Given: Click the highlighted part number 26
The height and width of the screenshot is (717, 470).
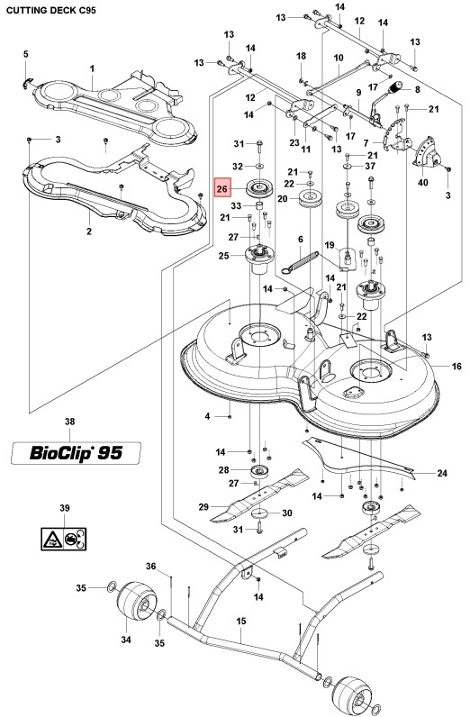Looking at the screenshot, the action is tap(222, 189).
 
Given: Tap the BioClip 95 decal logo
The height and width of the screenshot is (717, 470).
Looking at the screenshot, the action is tap(77, 453).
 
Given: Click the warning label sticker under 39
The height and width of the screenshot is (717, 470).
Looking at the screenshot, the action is tap(64, 539).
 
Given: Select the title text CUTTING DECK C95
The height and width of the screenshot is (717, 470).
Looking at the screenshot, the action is tap(51, 10).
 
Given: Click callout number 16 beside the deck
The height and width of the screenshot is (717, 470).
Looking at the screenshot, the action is tap(456, 366).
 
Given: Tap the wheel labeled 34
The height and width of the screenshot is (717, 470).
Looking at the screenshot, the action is tap(137, 603).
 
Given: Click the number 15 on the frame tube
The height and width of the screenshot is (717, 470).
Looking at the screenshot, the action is tap(241, 621).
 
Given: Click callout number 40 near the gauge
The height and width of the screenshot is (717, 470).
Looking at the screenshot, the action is tap(423, 183).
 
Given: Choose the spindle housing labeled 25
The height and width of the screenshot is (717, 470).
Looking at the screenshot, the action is tap(258, 259).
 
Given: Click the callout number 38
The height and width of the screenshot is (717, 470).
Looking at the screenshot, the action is tap(69, 422).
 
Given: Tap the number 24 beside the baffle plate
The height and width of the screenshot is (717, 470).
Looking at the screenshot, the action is tap(442, 473).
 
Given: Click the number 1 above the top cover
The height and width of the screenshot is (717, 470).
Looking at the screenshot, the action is tap(93, 68).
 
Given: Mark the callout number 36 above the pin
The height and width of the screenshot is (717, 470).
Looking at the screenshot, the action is tap(151, 566).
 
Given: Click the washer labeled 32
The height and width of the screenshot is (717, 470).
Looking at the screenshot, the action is tap(258, 166).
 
